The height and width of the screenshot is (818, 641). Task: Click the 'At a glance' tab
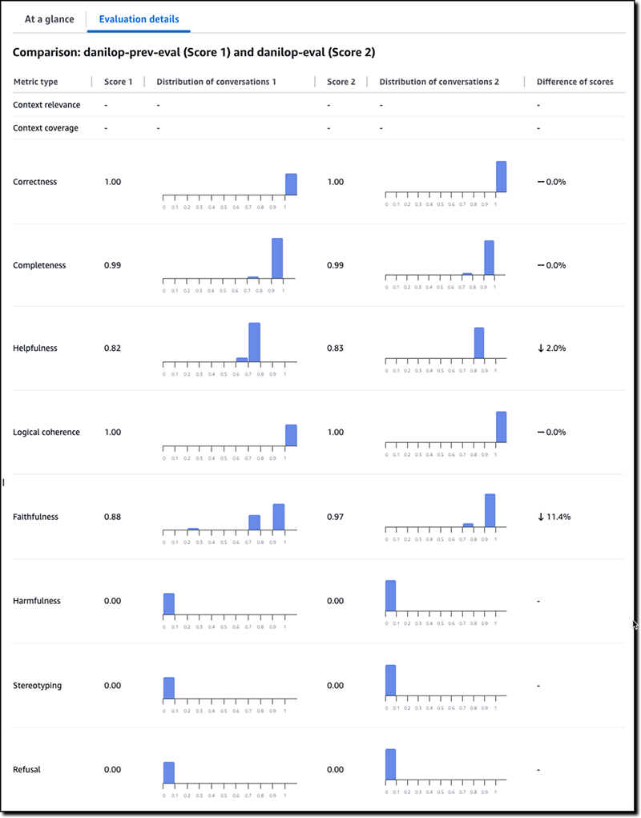point(50,19)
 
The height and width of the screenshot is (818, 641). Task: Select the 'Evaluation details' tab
point(139,19)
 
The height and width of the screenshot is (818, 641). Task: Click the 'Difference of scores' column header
point(574,82)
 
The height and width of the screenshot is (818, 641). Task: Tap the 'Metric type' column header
point(35,82)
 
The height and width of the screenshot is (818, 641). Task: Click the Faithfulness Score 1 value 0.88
point(113,517)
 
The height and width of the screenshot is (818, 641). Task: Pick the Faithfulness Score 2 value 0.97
point(336,517)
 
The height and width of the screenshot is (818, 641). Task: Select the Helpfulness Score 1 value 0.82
point(113,349)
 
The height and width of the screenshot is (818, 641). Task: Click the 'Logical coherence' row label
point(46,433)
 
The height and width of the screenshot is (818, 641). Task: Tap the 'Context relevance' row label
point(46,105)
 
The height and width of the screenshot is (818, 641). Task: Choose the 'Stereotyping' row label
point(37,686)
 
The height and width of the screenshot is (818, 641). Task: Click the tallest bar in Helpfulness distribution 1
point(255,343)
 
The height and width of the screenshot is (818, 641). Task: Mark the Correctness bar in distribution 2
point(501,177)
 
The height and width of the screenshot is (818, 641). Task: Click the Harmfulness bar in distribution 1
point(169,604)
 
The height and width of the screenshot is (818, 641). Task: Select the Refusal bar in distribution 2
point(390,764)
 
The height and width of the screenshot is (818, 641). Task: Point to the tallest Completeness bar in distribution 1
point(277,259)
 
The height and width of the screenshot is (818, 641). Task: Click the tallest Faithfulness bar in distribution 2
point(490,510)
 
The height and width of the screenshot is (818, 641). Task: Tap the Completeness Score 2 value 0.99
point(336,265)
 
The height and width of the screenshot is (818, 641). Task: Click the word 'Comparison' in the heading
point(44,53)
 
